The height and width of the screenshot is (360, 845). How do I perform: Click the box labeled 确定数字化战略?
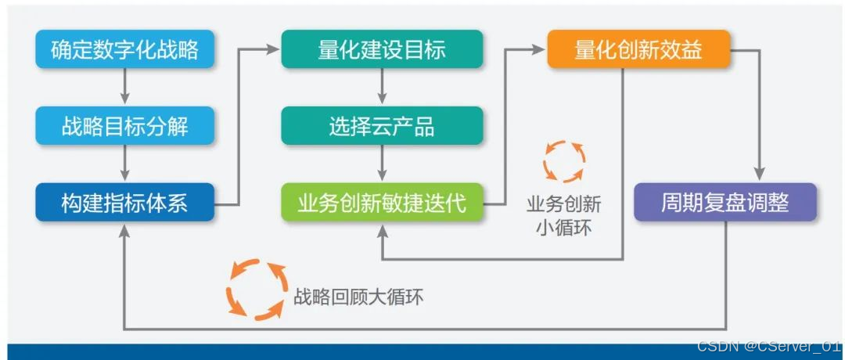[x=124, y=49]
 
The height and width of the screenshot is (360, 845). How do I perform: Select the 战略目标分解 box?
[x=124, y=126]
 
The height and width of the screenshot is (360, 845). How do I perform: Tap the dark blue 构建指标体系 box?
[x=124, y=203]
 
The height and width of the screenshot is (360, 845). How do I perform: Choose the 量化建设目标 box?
[x=382, y=49]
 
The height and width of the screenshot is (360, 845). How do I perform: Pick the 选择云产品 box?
[x=382, y=126]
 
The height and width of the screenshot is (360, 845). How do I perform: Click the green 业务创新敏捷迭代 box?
[x=382, y=203]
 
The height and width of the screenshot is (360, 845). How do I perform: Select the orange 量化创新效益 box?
[x=638, y=49]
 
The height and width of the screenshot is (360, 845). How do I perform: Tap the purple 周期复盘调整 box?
[x=725, y=203]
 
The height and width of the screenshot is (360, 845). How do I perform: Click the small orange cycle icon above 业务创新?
[x=563, y=161]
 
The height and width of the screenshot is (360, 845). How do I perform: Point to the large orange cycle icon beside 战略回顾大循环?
[x=254, y=289]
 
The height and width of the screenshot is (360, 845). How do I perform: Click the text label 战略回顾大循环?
[x=358, y=297]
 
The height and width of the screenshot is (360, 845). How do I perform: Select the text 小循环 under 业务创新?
[x=563, y=229]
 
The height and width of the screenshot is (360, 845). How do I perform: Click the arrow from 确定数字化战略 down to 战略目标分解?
[x=124, y=87]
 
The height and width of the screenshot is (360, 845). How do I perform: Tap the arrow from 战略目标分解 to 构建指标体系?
[x=124, y=164]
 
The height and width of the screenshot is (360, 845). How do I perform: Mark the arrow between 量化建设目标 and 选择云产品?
[x=382, y=87]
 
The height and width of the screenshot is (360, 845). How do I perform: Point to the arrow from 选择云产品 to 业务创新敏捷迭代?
[x=382, y=164]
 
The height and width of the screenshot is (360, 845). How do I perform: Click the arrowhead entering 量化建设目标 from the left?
[x=272, y=49]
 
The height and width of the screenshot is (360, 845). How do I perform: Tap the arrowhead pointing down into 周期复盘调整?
[x=757, y=175]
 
